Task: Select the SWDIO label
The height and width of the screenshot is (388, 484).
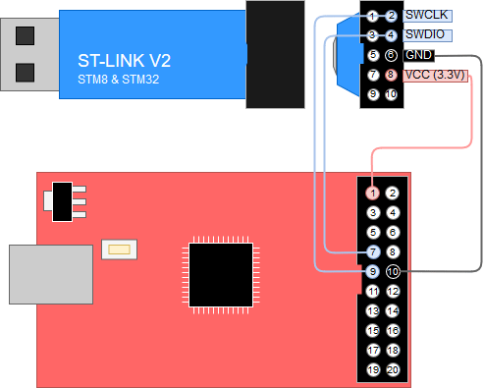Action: (423, 35)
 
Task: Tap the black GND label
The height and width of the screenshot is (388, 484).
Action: (418, 55)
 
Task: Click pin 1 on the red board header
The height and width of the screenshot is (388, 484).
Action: (373, 194)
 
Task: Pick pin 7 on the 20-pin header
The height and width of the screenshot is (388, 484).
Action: (373, 252)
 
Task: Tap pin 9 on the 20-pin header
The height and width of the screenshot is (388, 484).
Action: (373, 271)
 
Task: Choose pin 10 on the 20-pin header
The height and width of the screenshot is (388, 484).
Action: (393, 271)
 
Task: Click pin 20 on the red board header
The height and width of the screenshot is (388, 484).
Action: (393, 369)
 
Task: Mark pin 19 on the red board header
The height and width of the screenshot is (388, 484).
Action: (373, 369)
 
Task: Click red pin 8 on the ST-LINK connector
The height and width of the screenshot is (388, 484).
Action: (391, 75)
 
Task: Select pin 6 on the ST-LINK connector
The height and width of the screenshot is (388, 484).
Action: (391, 55)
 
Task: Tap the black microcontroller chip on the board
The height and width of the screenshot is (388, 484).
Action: (218, 276)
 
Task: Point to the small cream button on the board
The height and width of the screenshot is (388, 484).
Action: (121, 249)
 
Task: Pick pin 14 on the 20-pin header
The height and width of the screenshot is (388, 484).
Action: (393, 310)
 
